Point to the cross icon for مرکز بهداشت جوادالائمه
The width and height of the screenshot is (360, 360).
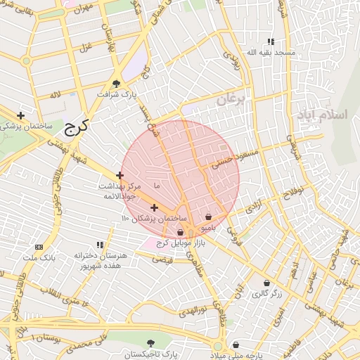[120, 175]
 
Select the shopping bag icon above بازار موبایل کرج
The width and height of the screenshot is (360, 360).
[180, 232]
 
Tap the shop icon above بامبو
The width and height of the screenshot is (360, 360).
[208, 217]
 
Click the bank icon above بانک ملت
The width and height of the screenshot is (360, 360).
[39, 247]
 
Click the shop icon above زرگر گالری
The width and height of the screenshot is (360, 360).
[266, 283]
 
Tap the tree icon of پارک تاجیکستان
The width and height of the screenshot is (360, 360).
[149, 345]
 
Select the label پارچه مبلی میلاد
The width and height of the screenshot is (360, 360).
[235, 355]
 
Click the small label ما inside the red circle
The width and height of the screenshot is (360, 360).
[156, 186]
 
